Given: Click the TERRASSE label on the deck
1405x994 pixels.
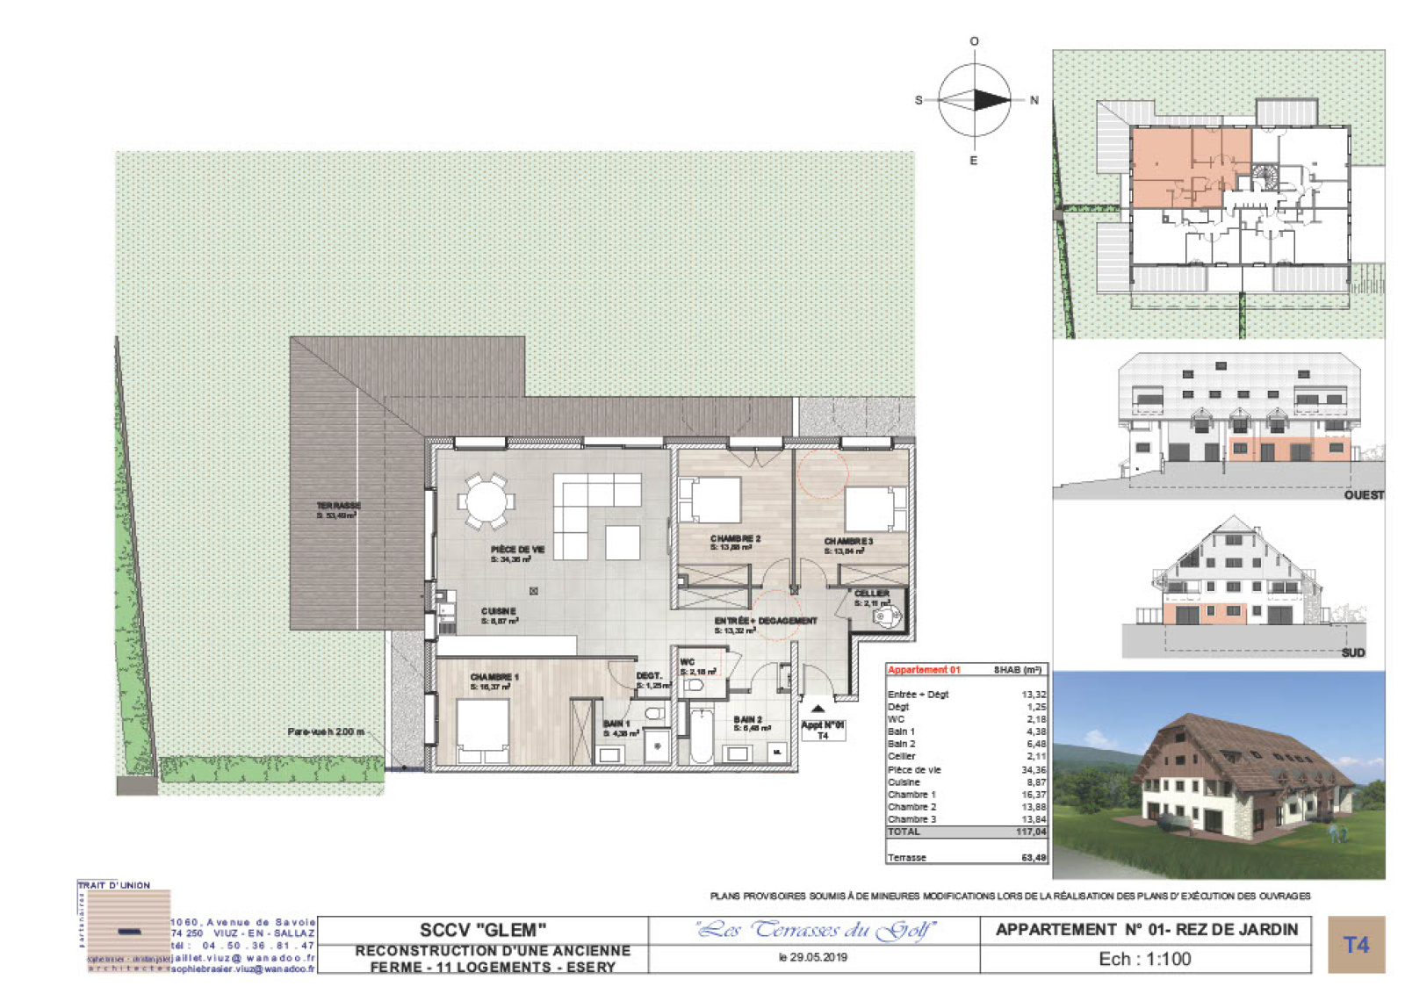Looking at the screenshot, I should (x=338, y=507).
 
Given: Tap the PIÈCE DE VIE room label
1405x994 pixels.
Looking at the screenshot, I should (x=517, y=550).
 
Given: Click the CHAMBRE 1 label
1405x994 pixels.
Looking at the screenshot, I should (x=494, y=677).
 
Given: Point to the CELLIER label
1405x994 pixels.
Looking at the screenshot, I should (x=872, y=594).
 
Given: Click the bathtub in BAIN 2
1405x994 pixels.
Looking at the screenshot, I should (x=702, y=736).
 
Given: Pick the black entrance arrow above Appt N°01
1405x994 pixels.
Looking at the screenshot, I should (x=818, y=708).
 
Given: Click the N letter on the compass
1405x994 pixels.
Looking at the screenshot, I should (x=1034, y=100).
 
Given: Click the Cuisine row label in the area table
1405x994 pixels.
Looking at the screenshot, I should (x=904, y=782).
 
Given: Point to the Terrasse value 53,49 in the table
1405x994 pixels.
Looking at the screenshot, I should (x=1034, y=858).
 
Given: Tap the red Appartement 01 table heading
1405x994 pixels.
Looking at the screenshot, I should (x=924, y=670).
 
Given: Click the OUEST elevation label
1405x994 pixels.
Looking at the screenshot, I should (x=1364, y=495).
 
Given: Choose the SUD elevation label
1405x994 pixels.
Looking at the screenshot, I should (x=1353, y=652).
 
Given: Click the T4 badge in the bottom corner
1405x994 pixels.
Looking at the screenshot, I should (x=1356, y=945).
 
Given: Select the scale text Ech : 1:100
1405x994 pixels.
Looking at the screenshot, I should (x=1145, y=959).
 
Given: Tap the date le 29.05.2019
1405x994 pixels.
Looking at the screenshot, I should (x=813, y=957).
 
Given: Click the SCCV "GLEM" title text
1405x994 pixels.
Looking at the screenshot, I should (x=482, y=930).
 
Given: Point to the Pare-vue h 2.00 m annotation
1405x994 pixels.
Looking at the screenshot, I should (x=325, y=731).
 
